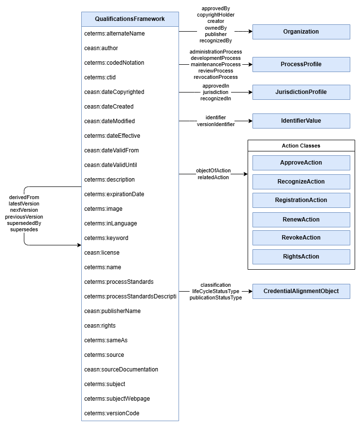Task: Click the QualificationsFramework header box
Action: [x=130, y=19]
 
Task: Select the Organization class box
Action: [x=301, y=32]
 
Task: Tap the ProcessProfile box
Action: [x=301, y=64]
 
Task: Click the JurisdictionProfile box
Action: [x=301, y=92]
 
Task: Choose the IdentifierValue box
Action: [x=301, y=121]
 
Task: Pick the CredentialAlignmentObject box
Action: [x=301, y=291]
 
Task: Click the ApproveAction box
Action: [x=301, y=163]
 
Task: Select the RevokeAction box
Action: [x=301, y=238]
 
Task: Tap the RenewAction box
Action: [x=301, y=220]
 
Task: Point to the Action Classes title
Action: [x=301, y=146]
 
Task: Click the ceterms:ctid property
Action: [x=100, y=77]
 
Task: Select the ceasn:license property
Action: [x=102, y=253]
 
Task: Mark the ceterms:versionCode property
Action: [x=111, y=413]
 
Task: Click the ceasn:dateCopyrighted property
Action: [x=114, y=92]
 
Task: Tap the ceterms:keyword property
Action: [x=106, y=238]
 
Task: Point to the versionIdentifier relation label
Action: [x=216, y=125]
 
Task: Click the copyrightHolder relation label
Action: [x=216, y=15]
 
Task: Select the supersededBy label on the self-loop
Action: [x=24, y=223]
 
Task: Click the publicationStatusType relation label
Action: [x=216, y=298]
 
